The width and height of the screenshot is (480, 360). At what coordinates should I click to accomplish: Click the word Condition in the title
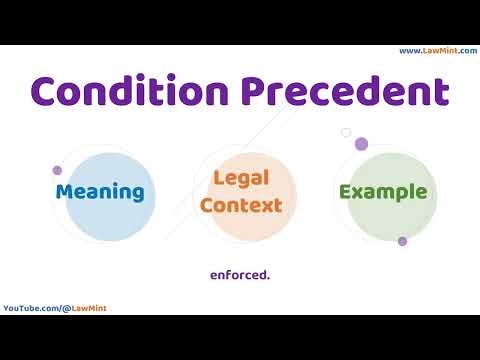(127, 92)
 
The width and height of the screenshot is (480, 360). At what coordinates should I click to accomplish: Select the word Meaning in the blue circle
(100, 192)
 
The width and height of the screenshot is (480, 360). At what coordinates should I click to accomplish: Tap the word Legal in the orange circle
(240, 179)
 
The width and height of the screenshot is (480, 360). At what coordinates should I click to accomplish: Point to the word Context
(240, 205)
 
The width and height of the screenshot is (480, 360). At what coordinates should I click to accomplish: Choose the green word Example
(383, 192)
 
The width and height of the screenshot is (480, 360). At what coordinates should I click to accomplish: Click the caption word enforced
(240, 272)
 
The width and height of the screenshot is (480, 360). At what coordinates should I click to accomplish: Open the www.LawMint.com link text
(437, 51)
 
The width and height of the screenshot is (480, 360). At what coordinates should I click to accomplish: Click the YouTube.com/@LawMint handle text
(55, 308)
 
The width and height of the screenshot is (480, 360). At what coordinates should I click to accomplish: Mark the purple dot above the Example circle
(362, 144)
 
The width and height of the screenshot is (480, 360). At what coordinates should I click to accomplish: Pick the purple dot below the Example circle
(402, 241)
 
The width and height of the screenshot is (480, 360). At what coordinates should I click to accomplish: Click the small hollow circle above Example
(346, 132)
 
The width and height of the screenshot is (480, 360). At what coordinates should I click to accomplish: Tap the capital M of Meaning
(64, 192)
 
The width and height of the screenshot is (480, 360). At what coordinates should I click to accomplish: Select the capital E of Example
(345, 192)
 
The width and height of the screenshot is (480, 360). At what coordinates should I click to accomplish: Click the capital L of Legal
(218, 179)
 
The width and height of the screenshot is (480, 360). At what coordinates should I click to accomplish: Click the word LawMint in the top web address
(440, 51)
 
